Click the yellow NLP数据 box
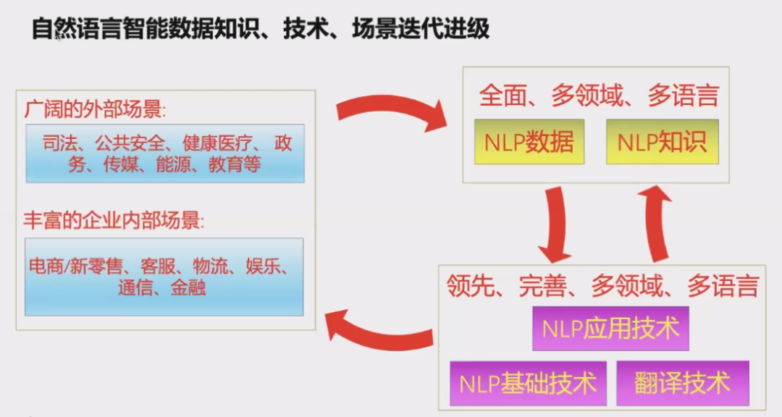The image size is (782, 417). (529, 142)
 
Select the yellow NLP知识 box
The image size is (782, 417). (663, 142)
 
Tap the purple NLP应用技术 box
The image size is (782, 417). (610, 329)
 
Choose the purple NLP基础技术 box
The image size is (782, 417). (528, 384)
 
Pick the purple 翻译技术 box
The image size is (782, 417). (683, 384)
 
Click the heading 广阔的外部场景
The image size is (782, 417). (95, 109)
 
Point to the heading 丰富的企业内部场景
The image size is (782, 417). (114, 220)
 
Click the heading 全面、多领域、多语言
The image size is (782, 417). (599, 96)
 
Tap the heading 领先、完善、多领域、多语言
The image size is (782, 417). (602, 286)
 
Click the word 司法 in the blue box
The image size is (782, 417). (60, 143)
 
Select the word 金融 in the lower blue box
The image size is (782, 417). (188, 288)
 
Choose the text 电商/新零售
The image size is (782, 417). (76, 266)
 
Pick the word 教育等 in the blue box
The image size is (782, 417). (235, 164)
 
